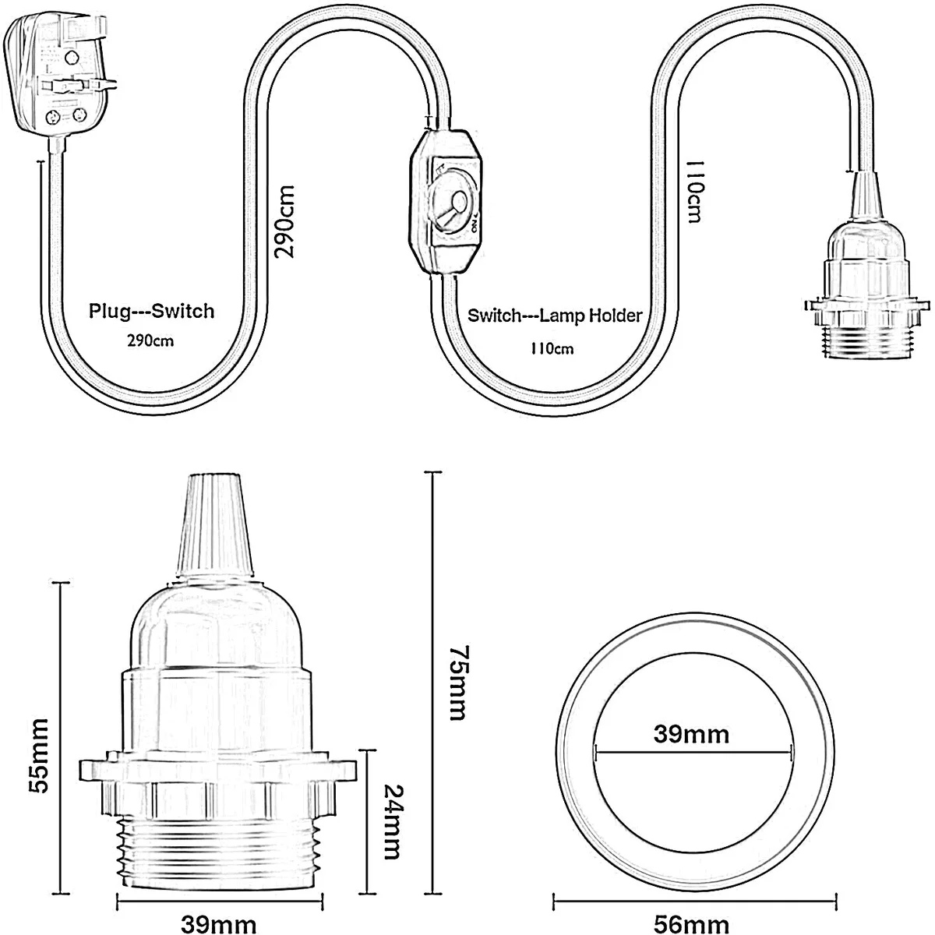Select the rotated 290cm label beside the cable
[x=284, y=221]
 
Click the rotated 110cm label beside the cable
[x=693, y=192]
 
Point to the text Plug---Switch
[x=151, y=312]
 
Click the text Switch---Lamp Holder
[x=555, y=316]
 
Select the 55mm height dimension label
[x=36, y=755]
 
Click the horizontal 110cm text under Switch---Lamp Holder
[x=552, y=348]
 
